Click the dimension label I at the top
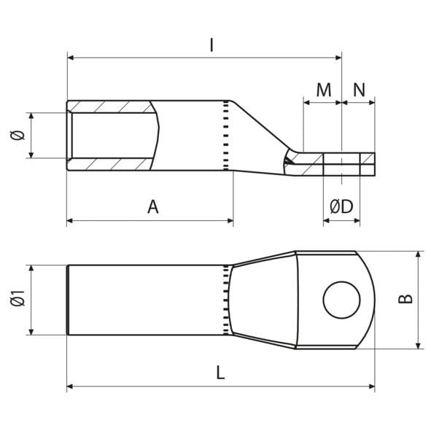[211, 45]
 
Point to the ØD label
[341, 207]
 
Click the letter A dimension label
[152, 207]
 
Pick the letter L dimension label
[220, 372]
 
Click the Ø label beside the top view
[20, 135]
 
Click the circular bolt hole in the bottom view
[341, 300]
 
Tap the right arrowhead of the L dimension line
[372, 387]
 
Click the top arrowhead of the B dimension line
[419, 255]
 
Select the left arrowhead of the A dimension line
[70, 220]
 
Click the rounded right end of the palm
[373, 300]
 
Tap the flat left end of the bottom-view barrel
[67, 300]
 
